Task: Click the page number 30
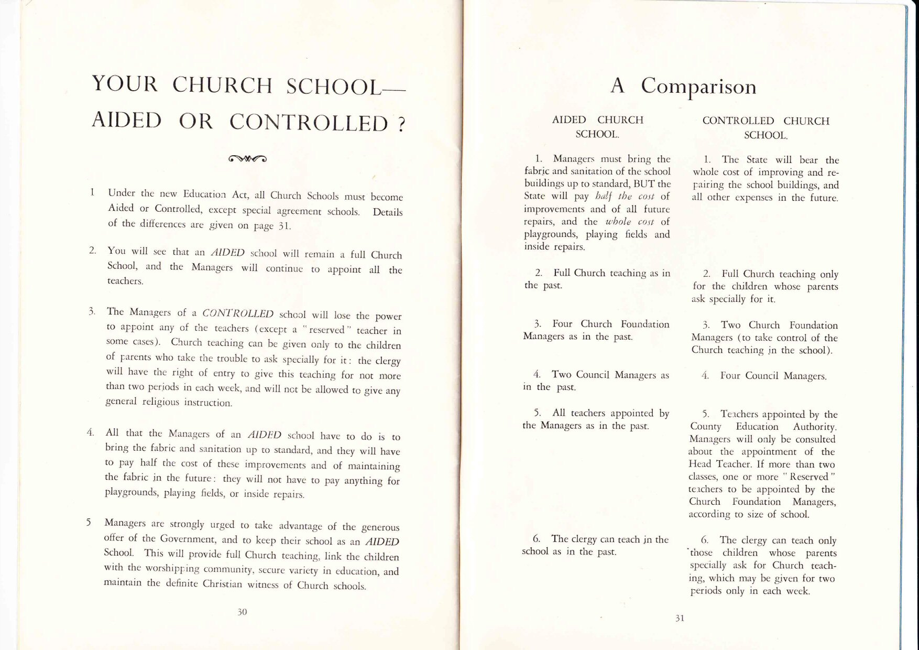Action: [x=242, y=612]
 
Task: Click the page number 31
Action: [x=680, y=618]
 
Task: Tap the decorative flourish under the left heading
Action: [x=248, y=159]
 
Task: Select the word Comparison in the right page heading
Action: [x=699, y=86]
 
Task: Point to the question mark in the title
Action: [x=401, y=125]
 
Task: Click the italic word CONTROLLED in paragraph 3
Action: [x=238, y=313]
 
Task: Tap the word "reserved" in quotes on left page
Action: [x=327, y=330]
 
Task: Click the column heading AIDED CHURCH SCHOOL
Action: [x=597, y=127]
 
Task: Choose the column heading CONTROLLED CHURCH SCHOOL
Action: [x=765, y=128]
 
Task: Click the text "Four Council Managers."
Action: [x=773, y=376]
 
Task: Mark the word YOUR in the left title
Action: [x=125, y=83]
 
